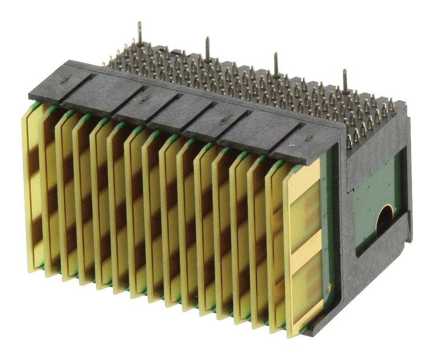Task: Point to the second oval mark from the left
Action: (143, 100)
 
